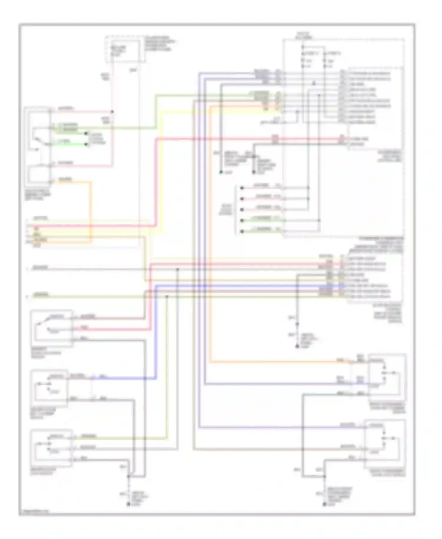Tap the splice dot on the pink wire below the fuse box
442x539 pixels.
(x=112, y=112)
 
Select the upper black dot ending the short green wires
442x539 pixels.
(x=86, y=134)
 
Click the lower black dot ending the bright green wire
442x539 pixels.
(x=86, y=144)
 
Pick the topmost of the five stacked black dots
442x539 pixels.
(x=242, y=188)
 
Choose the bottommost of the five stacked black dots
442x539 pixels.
(x=242, y=231)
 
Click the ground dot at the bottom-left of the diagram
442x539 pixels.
(x=128, y=504)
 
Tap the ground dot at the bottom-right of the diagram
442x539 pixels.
(x=324, y=505)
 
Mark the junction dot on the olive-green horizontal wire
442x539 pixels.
(x=167, y=297)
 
